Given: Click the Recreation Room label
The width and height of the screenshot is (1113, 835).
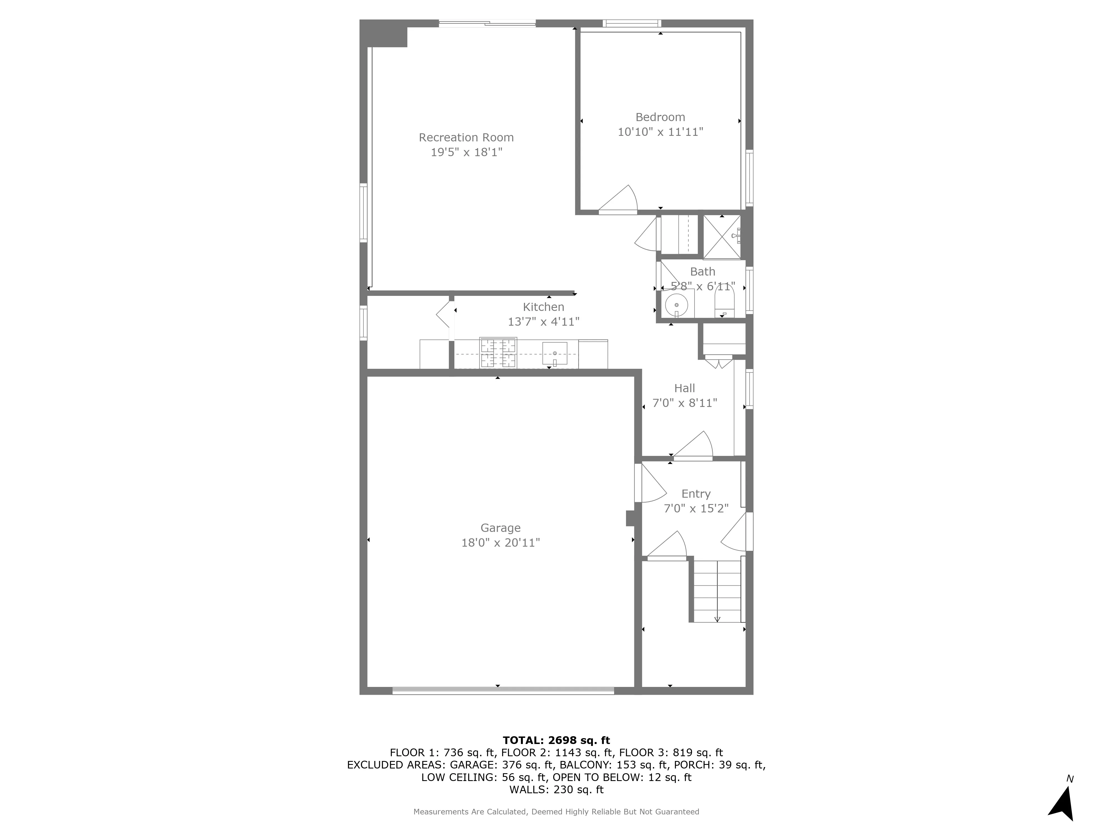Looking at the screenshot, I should (466, 137).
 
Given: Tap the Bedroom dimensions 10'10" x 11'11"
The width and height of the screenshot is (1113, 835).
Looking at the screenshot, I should (660, 132).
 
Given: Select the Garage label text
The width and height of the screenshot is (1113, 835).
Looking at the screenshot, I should (500, 528).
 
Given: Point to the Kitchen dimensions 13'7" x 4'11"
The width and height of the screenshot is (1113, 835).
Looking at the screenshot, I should (543, 322).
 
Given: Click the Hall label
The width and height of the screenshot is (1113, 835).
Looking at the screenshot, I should (684, 388).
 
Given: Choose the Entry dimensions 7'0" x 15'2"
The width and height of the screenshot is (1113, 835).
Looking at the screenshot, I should (696, 508).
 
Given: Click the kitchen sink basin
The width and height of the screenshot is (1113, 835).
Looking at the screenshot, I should (555, 353).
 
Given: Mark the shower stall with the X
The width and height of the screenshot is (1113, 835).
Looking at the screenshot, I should (722, 237).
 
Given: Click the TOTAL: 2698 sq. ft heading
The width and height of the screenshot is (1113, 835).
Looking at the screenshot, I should (556, 740).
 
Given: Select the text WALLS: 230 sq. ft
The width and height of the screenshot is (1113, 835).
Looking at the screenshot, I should (556, 790).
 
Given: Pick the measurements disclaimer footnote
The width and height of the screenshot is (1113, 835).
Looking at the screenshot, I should (556, 812).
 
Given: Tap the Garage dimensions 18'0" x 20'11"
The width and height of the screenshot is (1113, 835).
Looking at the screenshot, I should (500, 542).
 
